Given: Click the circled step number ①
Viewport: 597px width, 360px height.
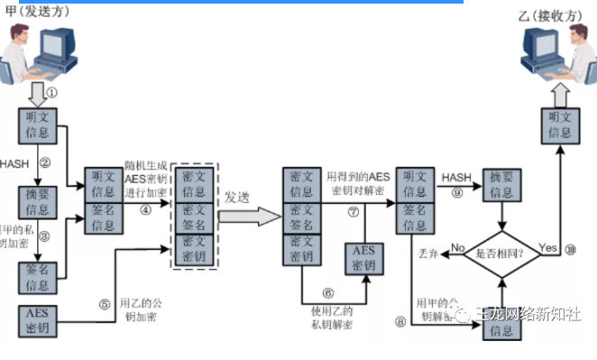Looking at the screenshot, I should click(x=51, y=92).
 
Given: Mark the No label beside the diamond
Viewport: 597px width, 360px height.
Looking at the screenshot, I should click(x=457, y=246).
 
